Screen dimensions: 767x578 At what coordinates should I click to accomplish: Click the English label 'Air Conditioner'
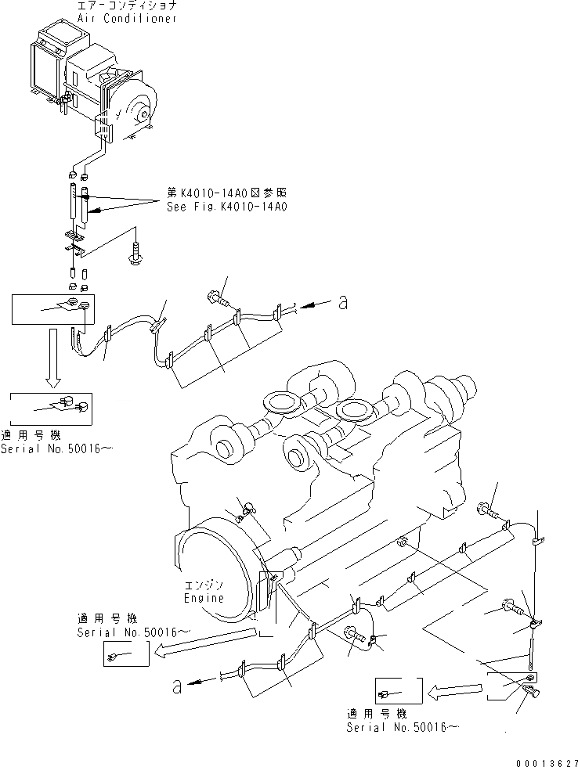pyautogui.click(x=127, y=19)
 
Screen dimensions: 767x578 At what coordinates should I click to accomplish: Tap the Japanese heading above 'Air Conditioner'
pyautogui.click(x=127, y=6)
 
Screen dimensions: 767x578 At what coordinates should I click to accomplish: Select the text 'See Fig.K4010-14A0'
pyautogui.click(x=227, y=207)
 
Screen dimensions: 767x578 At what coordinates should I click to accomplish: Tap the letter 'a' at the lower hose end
pyautogui.click(x=178, y=686)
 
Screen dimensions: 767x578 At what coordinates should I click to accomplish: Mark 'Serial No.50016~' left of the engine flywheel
pyautogui.click(x=134, y=631)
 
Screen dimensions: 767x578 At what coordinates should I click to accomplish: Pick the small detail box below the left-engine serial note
pyautogui.click(x=125, y=654)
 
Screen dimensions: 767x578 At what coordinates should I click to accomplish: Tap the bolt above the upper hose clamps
pyautogui.click(x=217, y=297)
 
